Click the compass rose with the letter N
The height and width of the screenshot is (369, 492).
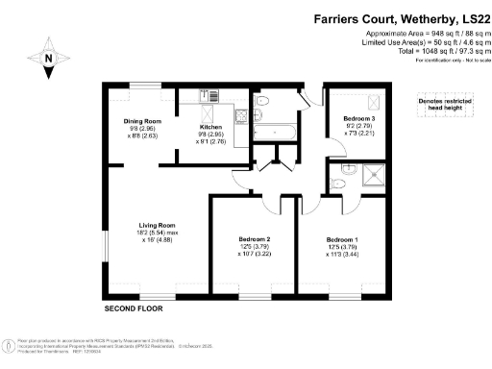tap(48, 57)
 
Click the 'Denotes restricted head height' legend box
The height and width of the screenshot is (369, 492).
tap(442, 104)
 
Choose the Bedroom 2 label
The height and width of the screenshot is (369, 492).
tap(254, 238)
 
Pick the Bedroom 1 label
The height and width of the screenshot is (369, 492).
tap(341, 238)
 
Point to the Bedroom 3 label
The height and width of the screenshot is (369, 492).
tap(360, 119)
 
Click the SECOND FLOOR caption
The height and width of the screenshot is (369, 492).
tap(134, 309)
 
